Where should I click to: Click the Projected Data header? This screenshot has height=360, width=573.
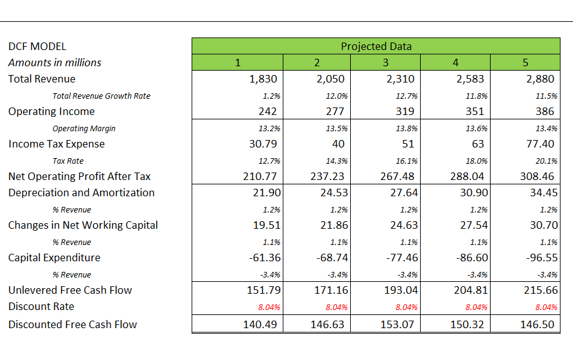(x=376, y=46)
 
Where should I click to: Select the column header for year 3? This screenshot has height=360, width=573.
(x=385, y=62)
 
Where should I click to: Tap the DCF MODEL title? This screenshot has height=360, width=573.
(x=37, y=46)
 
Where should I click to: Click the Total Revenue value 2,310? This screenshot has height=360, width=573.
(x=401, y=79)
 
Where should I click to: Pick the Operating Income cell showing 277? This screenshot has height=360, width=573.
(x=335, y=111)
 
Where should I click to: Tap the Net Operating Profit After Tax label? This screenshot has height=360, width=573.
(x=79, y=176)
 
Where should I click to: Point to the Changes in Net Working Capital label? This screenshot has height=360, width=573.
(x=83, y=225)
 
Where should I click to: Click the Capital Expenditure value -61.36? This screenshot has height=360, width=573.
(x=262, y=257)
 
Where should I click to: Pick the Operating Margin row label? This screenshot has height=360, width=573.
(x=84, y=129)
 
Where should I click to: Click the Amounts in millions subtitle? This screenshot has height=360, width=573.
(x=54, y=62)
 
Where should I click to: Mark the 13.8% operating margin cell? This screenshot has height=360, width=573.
(x=408, y=129)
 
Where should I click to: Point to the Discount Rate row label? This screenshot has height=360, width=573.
(x=41, y=306)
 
